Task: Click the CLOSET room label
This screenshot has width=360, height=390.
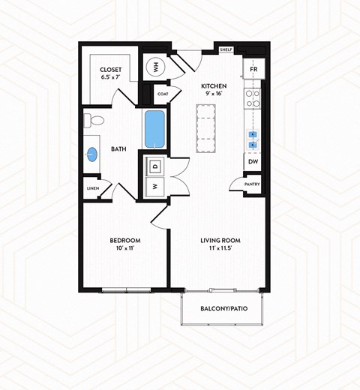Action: click(111, 68)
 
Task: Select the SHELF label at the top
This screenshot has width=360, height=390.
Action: click(226, 49)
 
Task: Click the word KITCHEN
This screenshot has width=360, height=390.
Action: click(214, 86)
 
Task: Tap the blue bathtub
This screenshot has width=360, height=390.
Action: click(155, 128)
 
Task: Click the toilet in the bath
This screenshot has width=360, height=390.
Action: click(94, 121)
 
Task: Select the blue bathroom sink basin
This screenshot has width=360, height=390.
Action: click(91, 155)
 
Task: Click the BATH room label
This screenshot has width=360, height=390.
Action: click(118, 149)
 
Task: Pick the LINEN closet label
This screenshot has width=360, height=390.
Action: click(93, 188)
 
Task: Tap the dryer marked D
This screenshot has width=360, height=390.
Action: click(154, 165)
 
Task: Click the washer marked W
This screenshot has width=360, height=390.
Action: click(154, 185)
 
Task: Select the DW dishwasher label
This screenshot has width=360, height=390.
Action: click(253, 160)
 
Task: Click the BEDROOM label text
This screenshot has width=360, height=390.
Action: click(125, 240)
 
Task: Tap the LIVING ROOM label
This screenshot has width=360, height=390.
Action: click(220, 240)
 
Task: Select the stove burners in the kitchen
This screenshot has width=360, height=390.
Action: click(253, 99)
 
